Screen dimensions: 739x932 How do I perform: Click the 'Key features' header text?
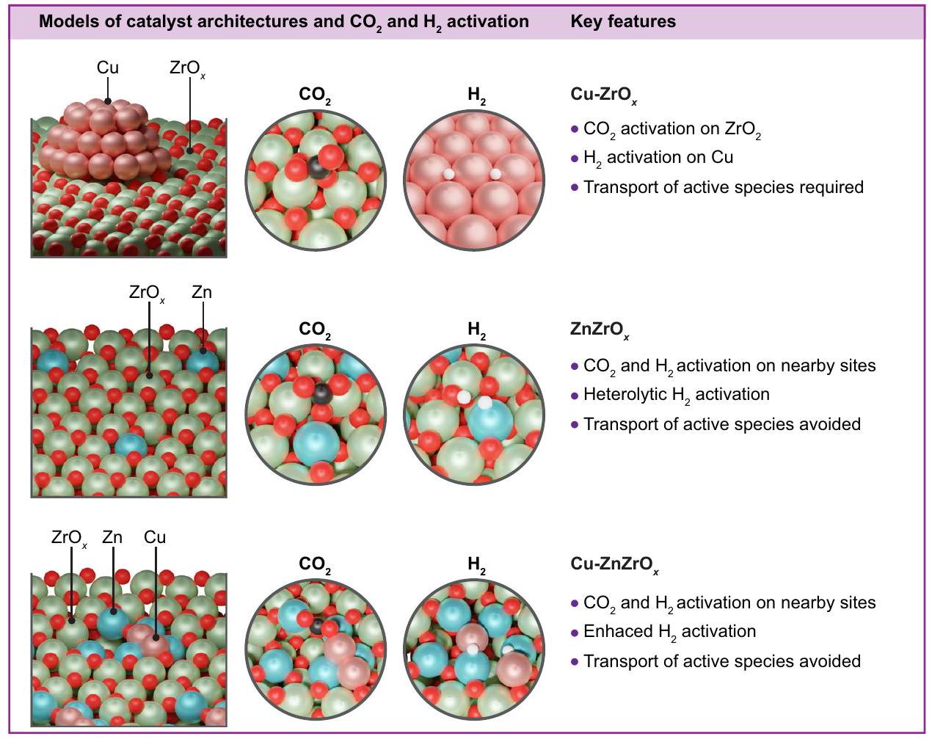[623, 21]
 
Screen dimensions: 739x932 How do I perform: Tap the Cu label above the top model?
[107, 68]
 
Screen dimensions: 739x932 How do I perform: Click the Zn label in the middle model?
[202, 292]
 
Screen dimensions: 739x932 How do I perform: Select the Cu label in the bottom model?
[155, 537]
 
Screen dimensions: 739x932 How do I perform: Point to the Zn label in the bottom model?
[112, 537]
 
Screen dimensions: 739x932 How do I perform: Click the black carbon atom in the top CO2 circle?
[317, 167]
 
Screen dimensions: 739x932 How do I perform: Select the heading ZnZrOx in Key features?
[599, 330]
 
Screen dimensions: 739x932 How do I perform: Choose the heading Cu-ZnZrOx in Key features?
[614, 564]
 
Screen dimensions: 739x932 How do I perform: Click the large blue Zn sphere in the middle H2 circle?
[490, 422]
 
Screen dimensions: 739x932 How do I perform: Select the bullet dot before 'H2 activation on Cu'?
[575, 159]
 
